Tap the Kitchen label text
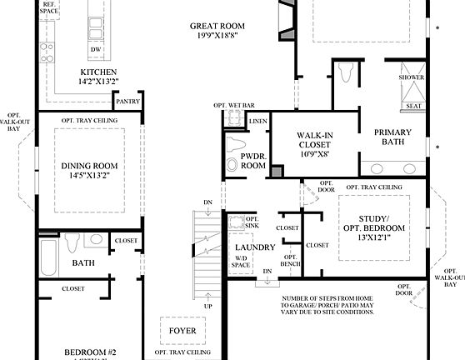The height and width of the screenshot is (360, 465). (97, 77)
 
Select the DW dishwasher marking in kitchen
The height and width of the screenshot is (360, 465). (97, 49)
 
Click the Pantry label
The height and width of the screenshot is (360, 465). (127, 102)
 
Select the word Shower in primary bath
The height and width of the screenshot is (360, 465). (412, 77)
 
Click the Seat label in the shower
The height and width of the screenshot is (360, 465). (412, 107)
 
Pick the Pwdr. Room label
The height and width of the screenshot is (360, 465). (252, 161)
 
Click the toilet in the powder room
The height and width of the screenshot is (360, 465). (232, 164)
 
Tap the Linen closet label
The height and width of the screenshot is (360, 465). (259, 122)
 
